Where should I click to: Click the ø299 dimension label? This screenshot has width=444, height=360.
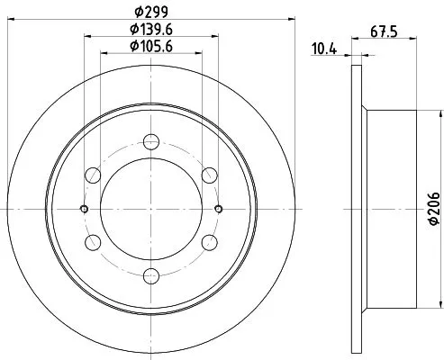click(x=150, y=12)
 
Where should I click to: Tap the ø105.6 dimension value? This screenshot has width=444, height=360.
click(x=151, y=46)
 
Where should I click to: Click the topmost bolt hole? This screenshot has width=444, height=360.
click(x=151, y=139)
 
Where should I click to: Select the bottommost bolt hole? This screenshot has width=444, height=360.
click(x=151, y=274)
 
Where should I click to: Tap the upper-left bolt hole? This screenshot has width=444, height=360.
click(x=93, y=174)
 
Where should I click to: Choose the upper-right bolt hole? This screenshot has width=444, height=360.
click(x=209, y=174)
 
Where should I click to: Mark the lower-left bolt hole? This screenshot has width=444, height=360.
click(x=93, y=241)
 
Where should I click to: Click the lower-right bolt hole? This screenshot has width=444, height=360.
click(x=209, y=241)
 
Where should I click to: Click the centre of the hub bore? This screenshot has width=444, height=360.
click(x=151, y=208)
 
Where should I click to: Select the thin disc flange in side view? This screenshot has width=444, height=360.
click(x=354, y=207)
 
